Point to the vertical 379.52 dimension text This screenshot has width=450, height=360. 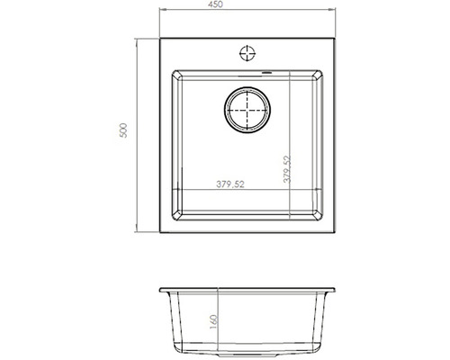pyautogui.click(x=286, y=171)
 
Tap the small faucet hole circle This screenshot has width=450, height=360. pyautogui.click(x=246, y=51)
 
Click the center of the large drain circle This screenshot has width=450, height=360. pyautogui.click(x=245, y=112)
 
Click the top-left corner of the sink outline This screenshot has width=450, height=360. pyautogui.click(x=161, y=38)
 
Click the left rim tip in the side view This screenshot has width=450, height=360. pyautogui.click(x=158, y=293)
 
